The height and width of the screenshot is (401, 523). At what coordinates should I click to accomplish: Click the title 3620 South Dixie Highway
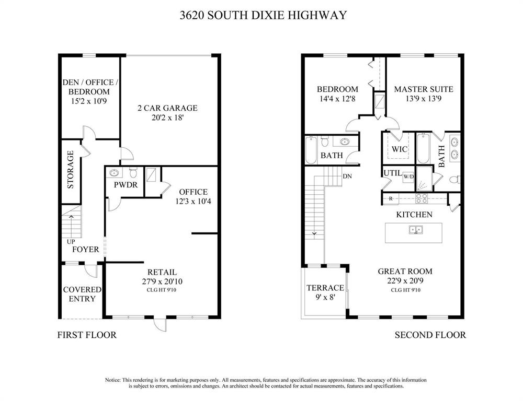pyautogui.click(x=263, y=15)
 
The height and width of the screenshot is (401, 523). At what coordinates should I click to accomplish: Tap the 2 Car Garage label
pyautogui.click(x=167, y=108)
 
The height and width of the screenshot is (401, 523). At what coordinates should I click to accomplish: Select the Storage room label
pyautogui.click(x=71, y=170)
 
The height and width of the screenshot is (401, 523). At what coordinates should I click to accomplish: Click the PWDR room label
pyautogui.click(x=126, y=185)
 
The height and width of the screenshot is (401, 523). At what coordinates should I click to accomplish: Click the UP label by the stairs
pyautogui.click(x=71, y=242)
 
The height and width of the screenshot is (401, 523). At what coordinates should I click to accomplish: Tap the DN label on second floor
pyautogui.click(x=347, y=176)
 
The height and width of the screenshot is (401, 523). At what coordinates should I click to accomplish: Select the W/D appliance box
pyautogui.click(x=408, y=176)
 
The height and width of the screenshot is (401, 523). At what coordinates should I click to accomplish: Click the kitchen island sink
pyautogui.click(x=416, y=230)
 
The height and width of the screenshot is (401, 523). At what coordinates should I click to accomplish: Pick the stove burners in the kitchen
pyautogui.click(x=421, y=198)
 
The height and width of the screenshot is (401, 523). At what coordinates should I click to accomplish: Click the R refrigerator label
pyautogui.click(x=391, y=198)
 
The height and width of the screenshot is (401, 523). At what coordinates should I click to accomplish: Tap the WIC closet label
pyautogui.click(x=399, y=149)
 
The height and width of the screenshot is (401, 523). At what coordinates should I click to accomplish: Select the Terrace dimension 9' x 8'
pyautogui.click(x=325, y=297)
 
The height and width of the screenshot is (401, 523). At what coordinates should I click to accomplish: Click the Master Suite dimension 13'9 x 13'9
pyautogui.click(x=424, y=99)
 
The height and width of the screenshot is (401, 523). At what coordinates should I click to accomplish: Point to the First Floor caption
pyautogui.click(x=87, y=335)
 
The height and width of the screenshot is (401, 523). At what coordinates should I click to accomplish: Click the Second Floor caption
pyautogui.click(x=430, y=335)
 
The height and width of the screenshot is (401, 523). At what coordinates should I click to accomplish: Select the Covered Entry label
pyautogui.click(x=82, y=294)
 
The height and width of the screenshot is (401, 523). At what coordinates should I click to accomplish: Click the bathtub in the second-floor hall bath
pyautogui.click(x=311, y=150)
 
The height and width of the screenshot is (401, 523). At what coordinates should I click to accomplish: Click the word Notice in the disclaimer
pyautogui.click(x=112, y=380)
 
